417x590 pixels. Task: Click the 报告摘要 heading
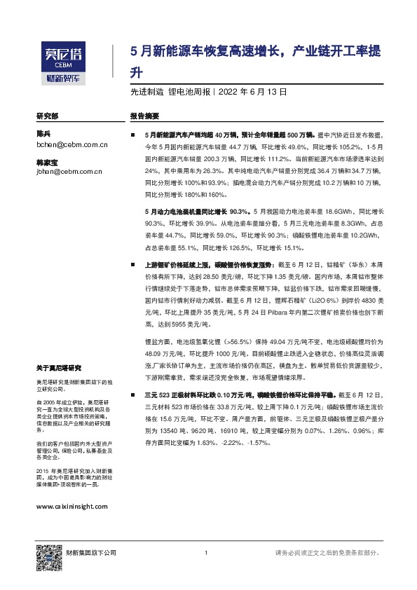click(145, 116)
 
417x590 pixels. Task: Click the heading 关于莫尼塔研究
click(58, 368)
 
